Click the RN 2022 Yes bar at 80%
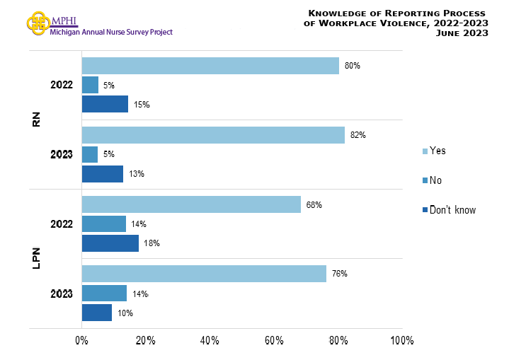(x=210, y=66)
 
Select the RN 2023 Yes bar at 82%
(x=213, y=135)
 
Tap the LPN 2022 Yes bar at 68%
(x=191, y=205)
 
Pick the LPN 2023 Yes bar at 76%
(x=204, y=274)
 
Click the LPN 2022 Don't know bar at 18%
(x=110, y=243)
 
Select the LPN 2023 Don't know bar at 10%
(x=97, y=313)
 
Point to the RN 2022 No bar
(x=90, y=85)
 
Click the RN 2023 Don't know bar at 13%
(x=102, y=174)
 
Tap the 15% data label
(x=142, y=105)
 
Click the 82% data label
(x=358, y=135)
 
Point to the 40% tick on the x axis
(x=210, y=341)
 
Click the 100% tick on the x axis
(x=401, y=341)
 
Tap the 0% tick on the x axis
(x=81, y=341)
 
